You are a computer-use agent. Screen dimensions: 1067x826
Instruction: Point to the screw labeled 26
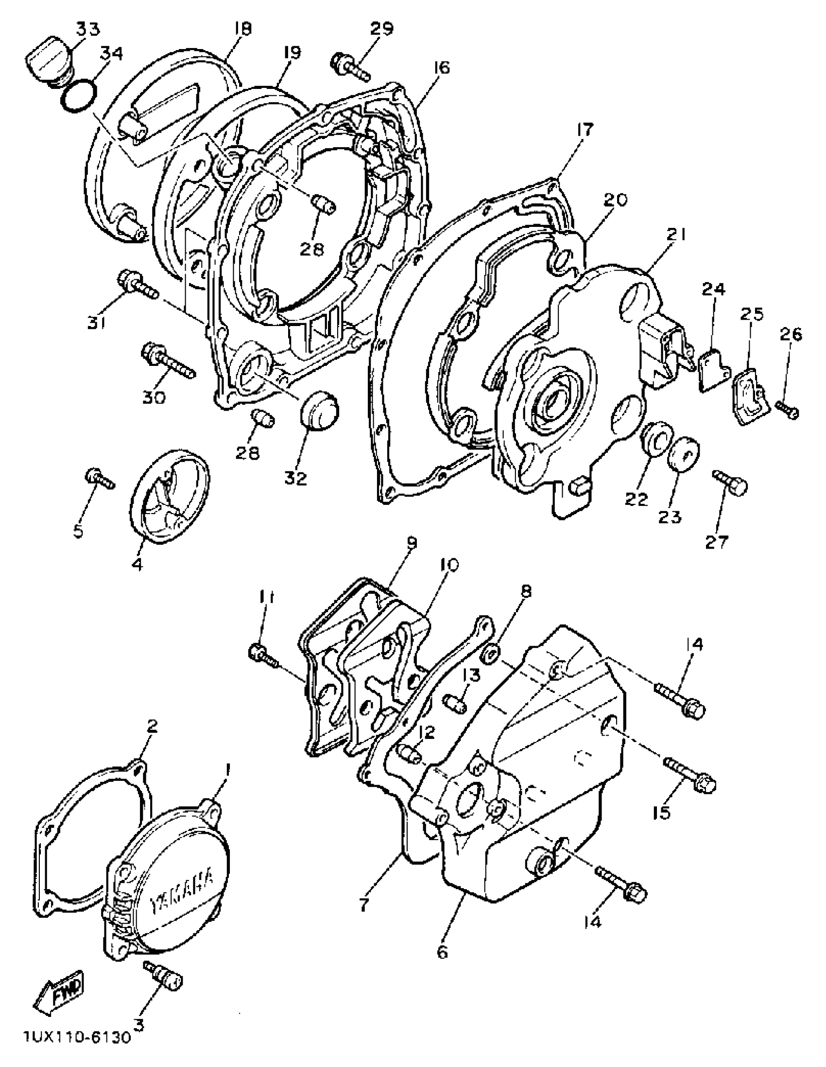(788, 410)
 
